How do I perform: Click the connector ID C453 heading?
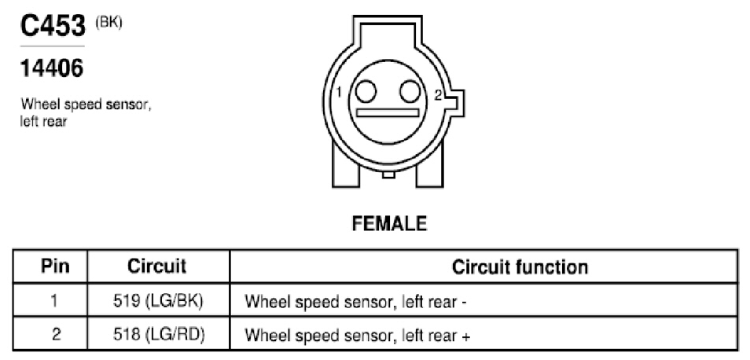[53, 26]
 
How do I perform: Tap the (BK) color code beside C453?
[108, 24]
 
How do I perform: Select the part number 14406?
[52, 68]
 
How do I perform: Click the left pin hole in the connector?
[366, 91]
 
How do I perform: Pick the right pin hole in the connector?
[410, 91]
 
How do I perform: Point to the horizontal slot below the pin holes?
[388, 113]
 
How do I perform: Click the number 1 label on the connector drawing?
[339, 92]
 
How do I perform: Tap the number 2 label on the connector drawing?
[438, 94]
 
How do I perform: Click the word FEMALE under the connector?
[389, 224]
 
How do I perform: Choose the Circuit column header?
[157, 266]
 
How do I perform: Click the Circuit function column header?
[520, 267]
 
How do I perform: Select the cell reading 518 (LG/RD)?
[159, 335]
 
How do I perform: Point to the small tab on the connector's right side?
[458, 101]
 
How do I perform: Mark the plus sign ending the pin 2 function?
[466, 336]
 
